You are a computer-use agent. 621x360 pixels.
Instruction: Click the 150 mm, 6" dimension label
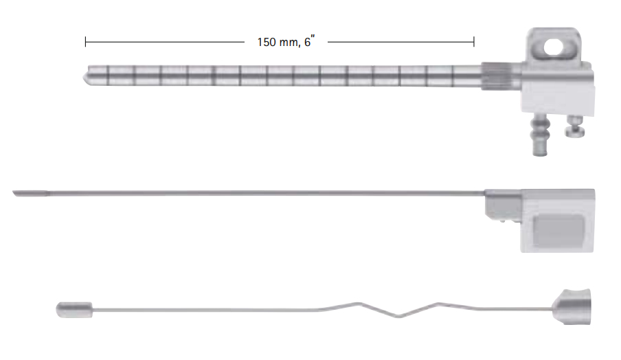286,41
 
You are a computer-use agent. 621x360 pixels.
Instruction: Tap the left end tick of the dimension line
86,42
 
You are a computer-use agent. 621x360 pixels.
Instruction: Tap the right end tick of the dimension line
474,42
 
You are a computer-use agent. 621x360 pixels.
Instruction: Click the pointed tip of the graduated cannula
84,76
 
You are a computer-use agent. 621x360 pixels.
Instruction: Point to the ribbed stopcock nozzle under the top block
539,134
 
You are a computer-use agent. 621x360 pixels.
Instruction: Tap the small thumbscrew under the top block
575,126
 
